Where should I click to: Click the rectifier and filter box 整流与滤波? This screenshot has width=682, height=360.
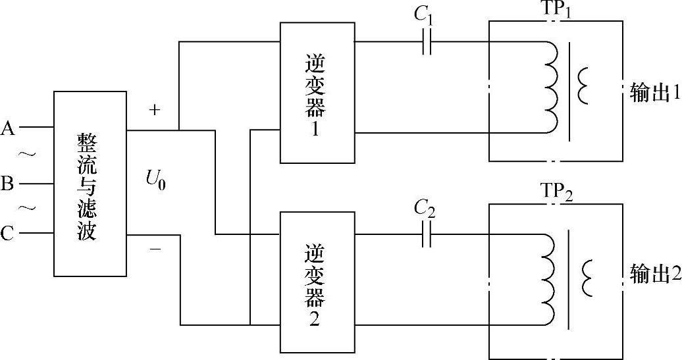click(90, 184)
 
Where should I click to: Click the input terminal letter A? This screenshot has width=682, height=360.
click(9, 127)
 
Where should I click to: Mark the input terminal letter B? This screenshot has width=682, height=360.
click(8, 183)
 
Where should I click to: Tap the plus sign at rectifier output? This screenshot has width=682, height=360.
click(155, 110)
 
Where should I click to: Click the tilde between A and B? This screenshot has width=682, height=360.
click(27, 155)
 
